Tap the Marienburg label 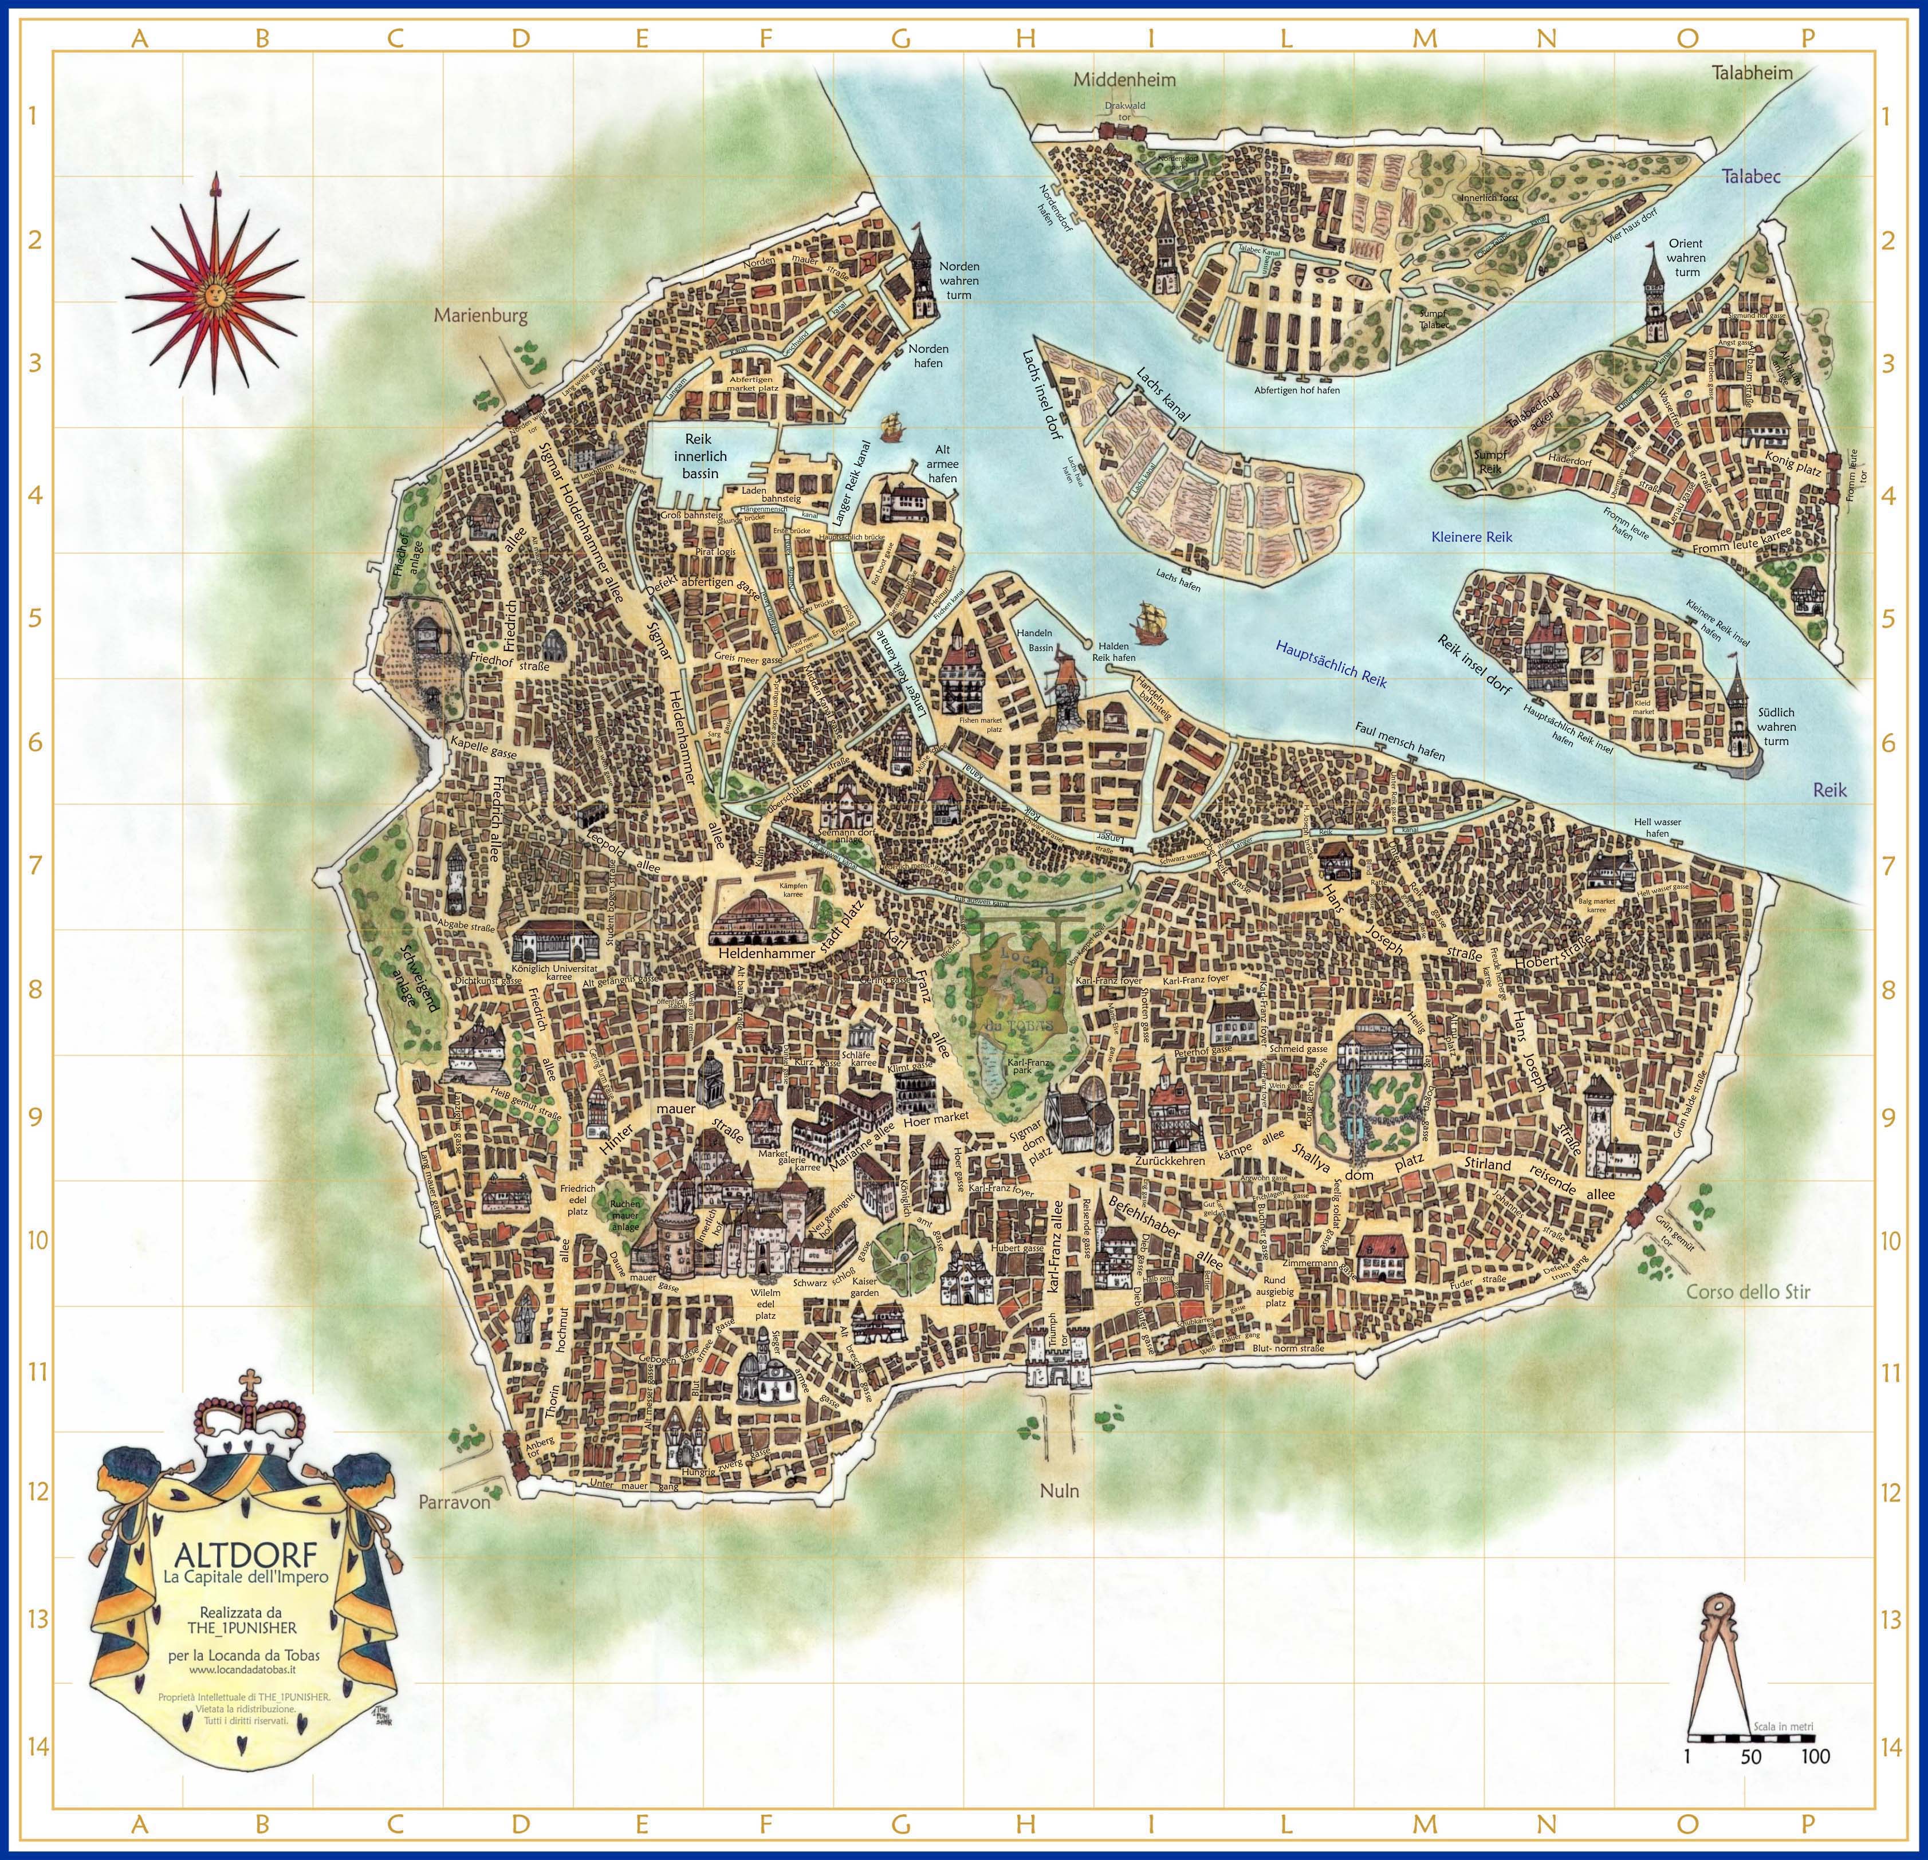click(481, 316)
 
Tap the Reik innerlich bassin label click(701, 456)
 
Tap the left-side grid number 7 click(37, 865)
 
